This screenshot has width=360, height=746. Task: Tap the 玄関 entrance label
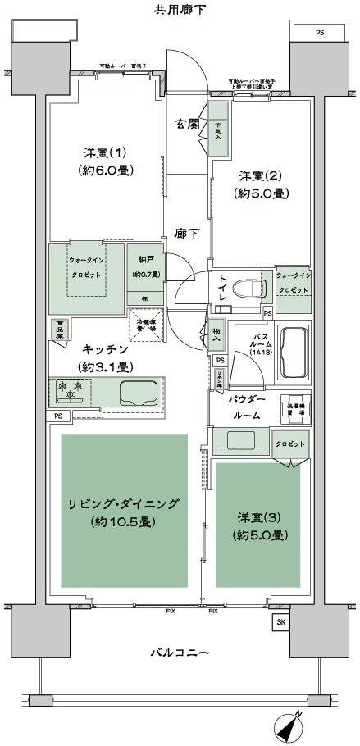187,124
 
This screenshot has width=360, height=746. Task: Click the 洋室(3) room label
260,518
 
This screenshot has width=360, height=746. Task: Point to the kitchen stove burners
71,392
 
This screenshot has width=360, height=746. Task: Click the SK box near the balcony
281,622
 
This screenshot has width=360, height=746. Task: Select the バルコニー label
180,653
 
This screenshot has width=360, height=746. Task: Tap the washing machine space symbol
296,410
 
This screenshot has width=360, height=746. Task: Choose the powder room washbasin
239,442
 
